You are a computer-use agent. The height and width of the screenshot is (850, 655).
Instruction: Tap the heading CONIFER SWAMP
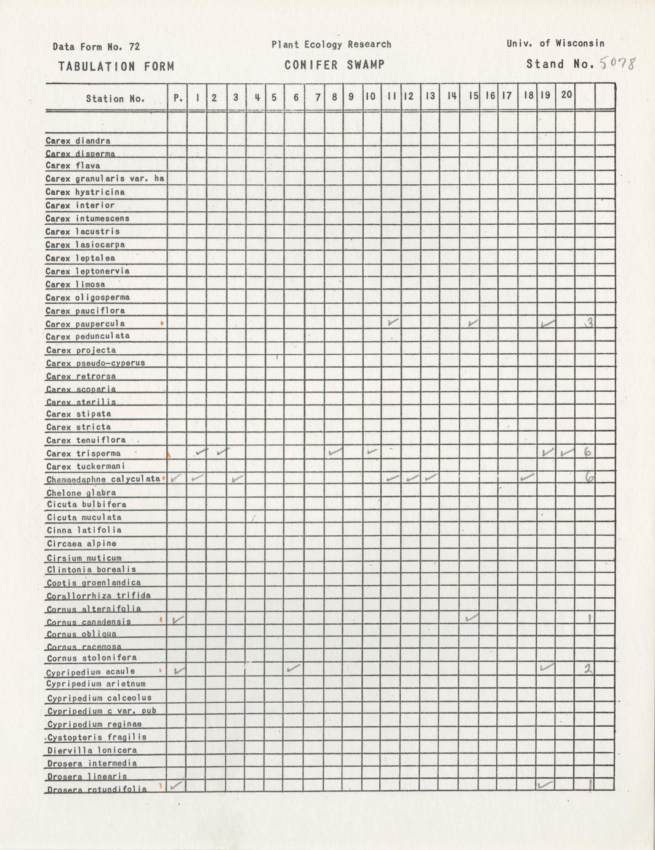click(334, 65)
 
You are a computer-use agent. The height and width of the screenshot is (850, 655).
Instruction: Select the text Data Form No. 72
click(96, 47)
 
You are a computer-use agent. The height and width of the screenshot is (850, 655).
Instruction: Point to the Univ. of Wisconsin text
click(555, 43)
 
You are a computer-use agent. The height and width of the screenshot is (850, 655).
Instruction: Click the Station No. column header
click(115, 98)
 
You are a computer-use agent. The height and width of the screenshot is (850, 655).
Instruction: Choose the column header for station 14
click(451, 96)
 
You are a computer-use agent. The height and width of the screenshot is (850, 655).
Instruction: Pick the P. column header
click(178, 97)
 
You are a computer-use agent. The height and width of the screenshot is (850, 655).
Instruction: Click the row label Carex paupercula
click(85, 324)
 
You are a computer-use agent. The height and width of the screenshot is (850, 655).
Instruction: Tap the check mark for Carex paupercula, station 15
click(473, 322)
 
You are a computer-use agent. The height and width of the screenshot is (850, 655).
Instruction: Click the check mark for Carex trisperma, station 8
click(335, 452)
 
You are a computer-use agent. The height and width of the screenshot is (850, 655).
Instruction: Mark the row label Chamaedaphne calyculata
click(103, 479)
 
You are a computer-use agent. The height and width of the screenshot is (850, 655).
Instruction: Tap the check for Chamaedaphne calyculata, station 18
click(527, 477)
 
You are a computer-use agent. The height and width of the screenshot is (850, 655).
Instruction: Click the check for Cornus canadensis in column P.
click(177, 620)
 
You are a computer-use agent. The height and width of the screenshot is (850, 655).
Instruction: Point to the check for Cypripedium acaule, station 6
click(294, 668)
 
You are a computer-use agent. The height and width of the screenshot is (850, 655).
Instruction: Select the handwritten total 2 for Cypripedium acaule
click(588, 669)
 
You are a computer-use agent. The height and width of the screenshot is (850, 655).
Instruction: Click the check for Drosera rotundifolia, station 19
click(545, 784)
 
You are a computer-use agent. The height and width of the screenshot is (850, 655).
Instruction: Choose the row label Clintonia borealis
click(91, 570)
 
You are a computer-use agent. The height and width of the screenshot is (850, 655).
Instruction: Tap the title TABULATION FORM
click(116, 67)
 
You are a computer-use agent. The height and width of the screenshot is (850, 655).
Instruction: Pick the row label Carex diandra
click(78, 140)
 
